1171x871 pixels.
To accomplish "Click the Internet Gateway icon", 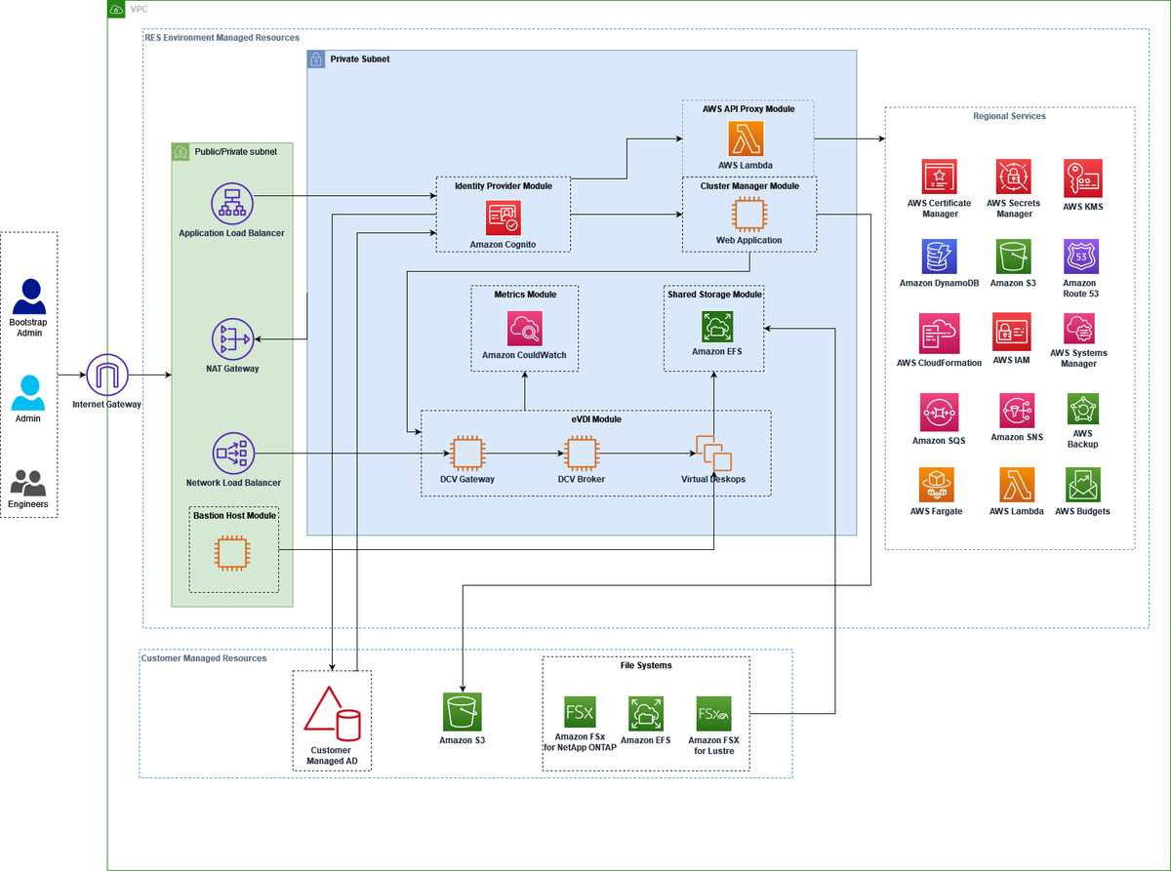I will pyautogui.click(x=106, y=376).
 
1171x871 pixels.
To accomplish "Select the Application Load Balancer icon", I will pyautogui.click(x=231, y=204).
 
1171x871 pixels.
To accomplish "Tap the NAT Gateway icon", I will pyautogui.click(x=231, y=339).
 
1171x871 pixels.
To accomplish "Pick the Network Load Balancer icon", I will pyautogui.click(x=232, y=454).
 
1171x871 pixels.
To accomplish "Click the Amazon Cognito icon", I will pyautogui.click(x=503, y=217).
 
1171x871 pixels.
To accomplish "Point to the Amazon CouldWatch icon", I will pyautogui.click(x=524, y=329).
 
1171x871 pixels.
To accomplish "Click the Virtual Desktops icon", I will pyautogui.click(x=713, y=454).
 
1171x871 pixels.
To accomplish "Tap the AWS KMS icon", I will pyautogui.click(x=1082, y=178).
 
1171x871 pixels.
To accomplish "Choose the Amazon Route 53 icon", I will pyautogui.click(x=1081, y=257).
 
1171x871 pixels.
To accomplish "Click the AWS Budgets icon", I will pyautogui.click(x=1082, y=485).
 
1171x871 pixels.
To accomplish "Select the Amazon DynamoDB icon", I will pyautogui.click(x=939, y=257).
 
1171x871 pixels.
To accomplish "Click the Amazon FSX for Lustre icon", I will pyautogui.click(x=713, y=714).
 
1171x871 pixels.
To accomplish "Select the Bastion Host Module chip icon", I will pyautogui.click(x=231, y=554).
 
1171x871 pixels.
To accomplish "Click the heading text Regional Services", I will pyautogui.click(x=1009, y=116).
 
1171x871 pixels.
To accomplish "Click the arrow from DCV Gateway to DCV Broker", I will pyautogui.click(x=523, y=454).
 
